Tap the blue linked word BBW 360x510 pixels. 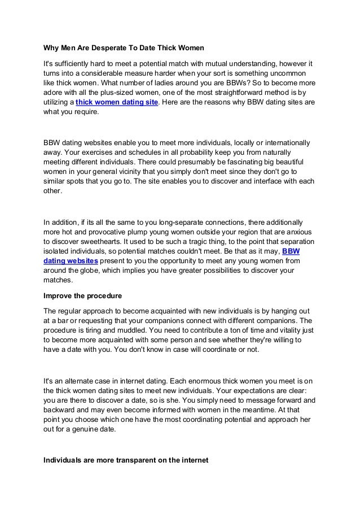tap(290, 251)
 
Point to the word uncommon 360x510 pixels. tap(285, 75)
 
